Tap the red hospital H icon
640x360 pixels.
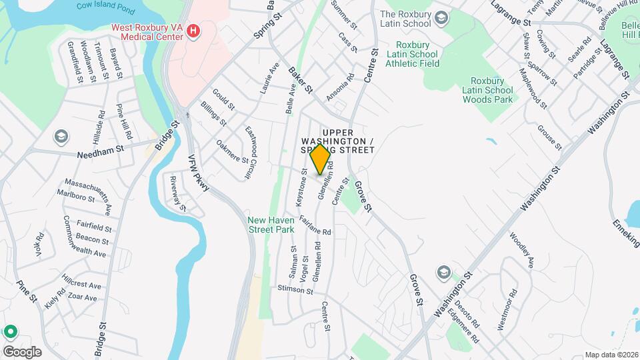coord(193,30)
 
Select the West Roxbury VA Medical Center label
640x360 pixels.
coord(147,31)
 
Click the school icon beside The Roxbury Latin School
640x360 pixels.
coord(440,17)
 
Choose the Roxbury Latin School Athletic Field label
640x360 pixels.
coord(412,54)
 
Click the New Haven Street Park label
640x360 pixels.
coord(271,225)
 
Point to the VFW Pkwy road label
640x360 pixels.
coord(199,177)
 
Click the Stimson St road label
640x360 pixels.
coord(295,290)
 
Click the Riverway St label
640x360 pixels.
coord(177,193)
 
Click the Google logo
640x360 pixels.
coord(22,351)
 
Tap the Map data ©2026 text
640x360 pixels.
coord(611,355)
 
